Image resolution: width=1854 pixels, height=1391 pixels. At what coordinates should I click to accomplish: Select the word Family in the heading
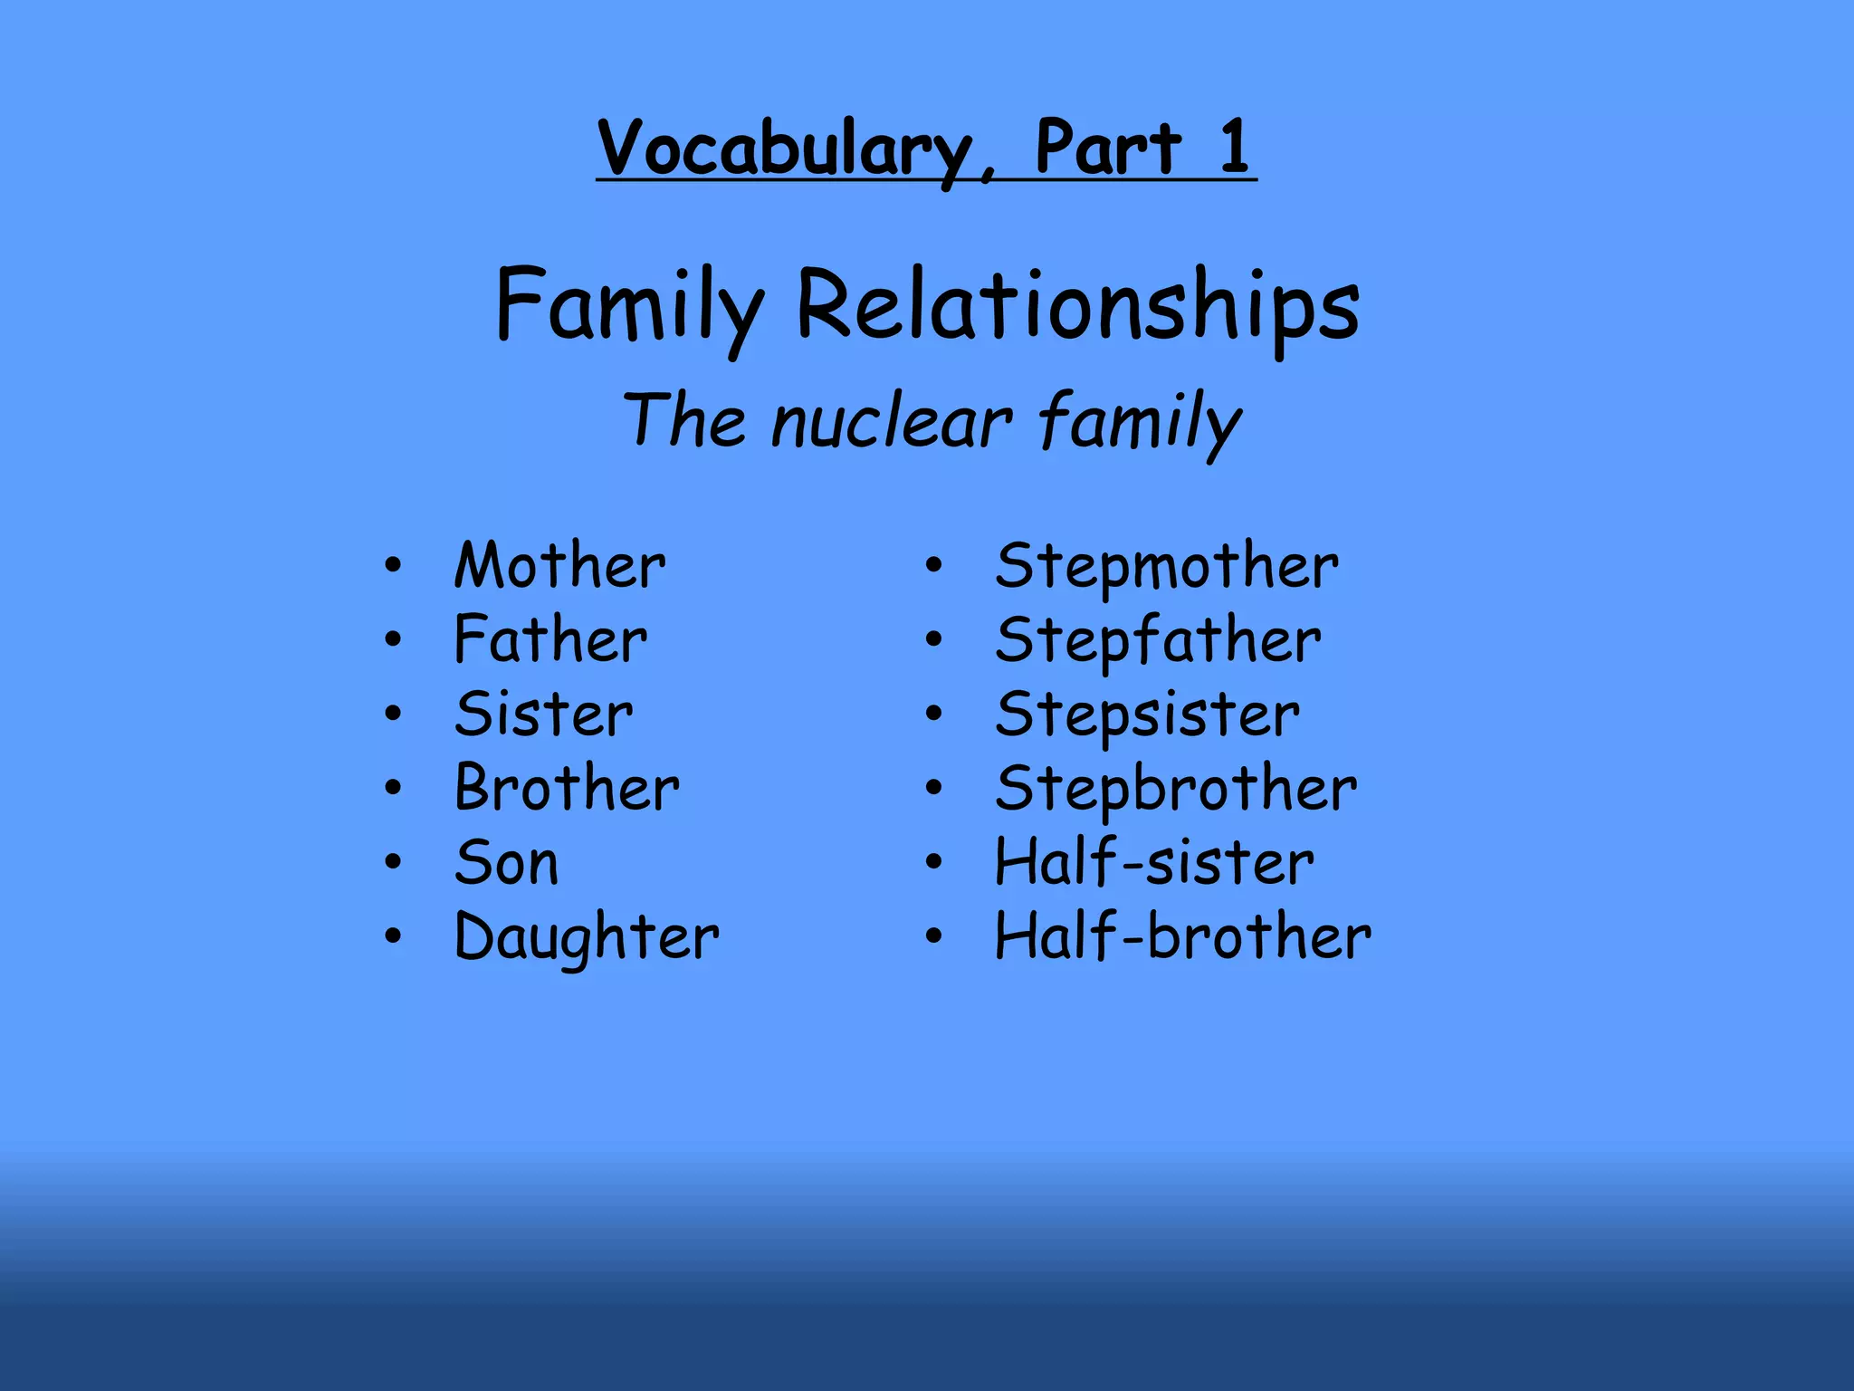click(x=630, y=306)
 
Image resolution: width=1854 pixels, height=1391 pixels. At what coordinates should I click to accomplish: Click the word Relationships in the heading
click(x=1077, y=306)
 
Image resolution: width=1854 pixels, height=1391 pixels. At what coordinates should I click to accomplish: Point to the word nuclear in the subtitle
click(x=892, y=422)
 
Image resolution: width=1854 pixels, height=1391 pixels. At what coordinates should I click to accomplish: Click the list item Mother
click(x=559, y=566)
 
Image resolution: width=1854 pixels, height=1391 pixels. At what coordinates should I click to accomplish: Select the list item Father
click(x=550, y=640)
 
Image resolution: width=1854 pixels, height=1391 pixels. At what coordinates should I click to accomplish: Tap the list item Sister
click(x=543, y=715)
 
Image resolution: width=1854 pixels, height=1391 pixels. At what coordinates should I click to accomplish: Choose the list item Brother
click(x=567, y=788)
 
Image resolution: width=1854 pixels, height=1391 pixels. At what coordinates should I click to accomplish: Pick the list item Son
click(x=506, y=862)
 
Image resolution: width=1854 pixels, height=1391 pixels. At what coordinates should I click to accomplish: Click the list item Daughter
click(x=587, y=937)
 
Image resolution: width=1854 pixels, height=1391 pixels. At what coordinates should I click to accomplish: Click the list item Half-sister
click(x=1154, y=862)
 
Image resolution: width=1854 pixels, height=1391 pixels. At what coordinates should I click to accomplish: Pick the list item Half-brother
click(x=1182, y=936)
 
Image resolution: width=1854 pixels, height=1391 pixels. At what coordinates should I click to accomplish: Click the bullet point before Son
click(x=392, y=861)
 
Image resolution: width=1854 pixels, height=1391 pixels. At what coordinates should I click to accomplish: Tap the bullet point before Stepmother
click(x=934, y=566)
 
